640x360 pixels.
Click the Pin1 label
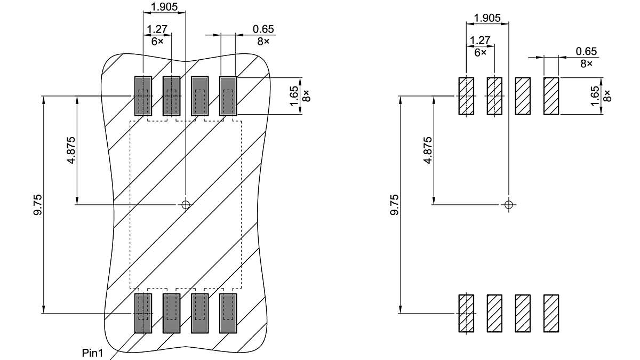pos(93,353)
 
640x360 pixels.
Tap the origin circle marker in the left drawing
pos(186,204)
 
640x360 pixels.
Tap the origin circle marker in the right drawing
pos(508,204)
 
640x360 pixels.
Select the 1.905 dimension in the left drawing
pos(165,6)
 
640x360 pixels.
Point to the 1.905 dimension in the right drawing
pos(487,18)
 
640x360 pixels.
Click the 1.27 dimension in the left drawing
pos(157,29)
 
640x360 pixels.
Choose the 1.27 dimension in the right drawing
pos(480,41)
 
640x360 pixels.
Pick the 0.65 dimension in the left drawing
pos(263,29)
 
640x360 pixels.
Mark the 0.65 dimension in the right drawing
pos(586,52)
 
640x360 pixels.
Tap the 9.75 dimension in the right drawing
pos(394,205)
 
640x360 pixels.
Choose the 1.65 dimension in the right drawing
pos(595,96)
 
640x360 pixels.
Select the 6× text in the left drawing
pos(157,41)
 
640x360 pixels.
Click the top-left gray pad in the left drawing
pos(142,96)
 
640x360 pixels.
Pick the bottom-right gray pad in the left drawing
pos(228,313)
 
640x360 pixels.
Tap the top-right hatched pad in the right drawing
pos(551,96)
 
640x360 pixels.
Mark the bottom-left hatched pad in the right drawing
pos(466,313)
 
